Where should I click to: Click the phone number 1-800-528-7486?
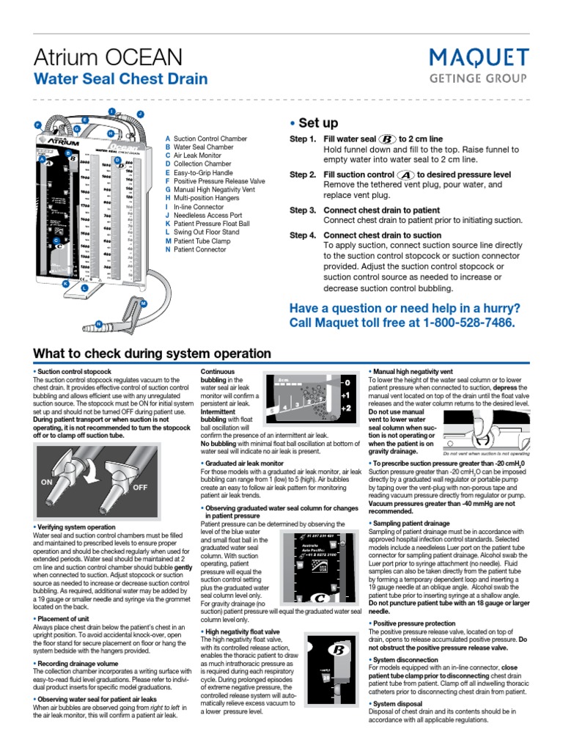coord(468,323)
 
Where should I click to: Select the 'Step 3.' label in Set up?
coord(302,210)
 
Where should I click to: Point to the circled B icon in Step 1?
coord(387,139)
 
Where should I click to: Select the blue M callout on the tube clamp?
coord(143,303)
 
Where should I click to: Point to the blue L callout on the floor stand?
coord(84,288)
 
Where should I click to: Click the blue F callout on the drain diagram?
coord(37,125)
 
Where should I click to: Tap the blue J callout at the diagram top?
coord(140,114)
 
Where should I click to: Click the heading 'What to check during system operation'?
coord(152,353)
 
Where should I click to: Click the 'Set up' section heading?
coord(317,122)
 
